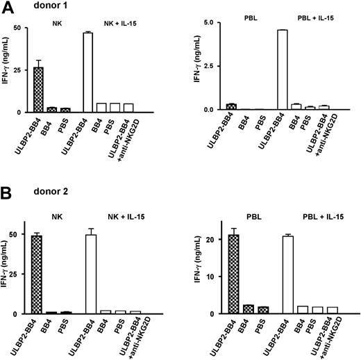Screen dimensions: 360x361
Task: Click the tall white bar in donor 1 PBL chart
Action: pyautogui.click(x=282, y=69)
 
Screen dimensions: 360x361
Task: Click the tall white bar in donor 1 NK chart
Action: pyautogui.click(x=87, y=72)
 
